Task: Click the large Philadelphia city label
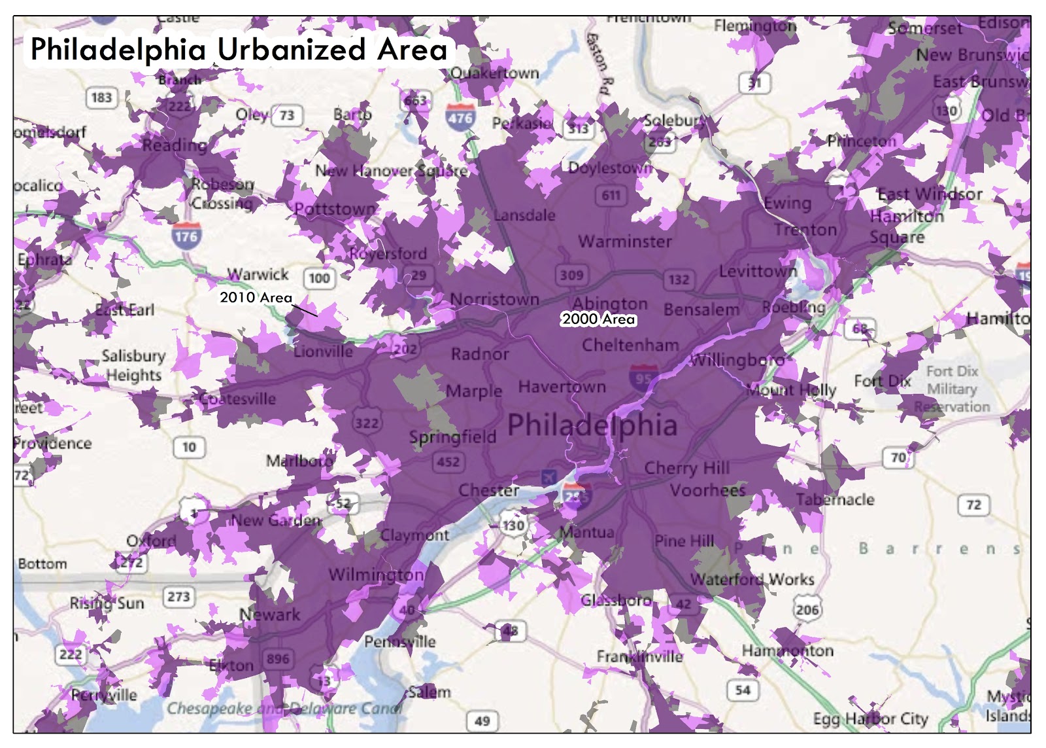pyautogui.click(x=592, y=425)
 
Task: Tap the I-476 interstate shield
pyautogui.click(x=460, y=118)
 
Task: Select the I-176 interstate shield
pyautogui.click(x=186, y=236)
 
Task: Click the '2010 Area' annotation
pyautogui.click(x=256, y=298)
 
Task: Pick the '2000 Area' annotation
pyautogui.click(x=598, y=319)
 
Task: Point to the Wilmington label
pyautogui.click(x=376, y=575)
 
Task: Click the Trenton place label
pyautogui.click(x=805, y=230)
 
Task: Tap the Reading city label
pyautogui.click(x=174, y=145)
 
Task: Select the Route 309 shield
pyautogui.click(x=571, y=275)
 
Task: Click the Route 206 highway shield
pyautogui.click(x=807, y=610)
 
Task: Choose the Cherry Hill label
pyautogui.click(x=686, y=468)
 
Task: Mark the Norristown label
pyautogui.click(x=494, y=300)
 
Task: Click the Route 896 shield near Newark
pyautogui.click(x=278, y=658)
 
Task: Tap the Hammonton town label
pyautogui.click(x=787, y=650)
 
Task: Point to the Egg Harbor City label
pyautogui.click(x=870, y=719)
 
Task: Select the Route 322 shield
pyautogui.click(x=367, y=423)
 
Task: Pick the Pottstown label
pyautogui.click(x=335, y=209)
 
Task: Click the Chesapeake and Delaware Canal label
pyautogui.click(x=284, y=709)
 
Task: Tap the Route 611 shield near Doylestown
pyautogui.click(x=611, y=195)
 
